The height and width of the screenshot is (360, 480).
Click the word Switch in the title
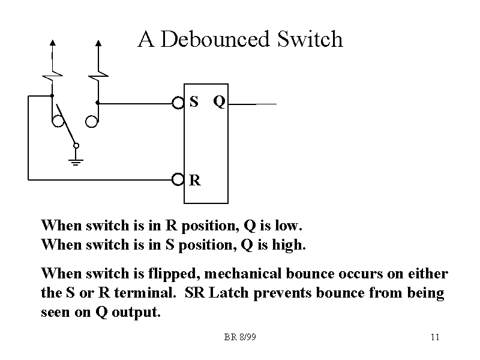tap(310, 40)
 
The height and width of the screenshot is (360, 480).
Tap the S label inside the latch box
tap(194, 102)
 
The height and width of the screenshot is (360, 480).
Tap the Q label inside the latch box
tap(220, 103)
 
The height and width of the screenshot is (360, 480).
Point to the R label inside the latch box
tap(194, 179)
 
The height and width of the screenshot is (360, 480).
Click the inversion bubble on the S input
tap(178, 103)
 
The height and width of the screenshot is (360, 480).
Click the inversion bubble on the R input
tap(178, 179)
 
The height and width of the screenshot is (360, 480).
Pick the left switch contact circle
tap(58, 122)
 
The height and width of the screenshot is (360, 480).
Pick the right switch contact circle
tap(91, 122)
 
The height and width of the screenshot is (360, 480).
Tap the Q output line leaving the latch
tap(252, 104)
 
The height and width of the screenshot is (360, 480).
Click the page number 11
tap(435, 337)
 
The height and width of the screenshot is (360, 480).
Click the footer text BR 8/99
tap(240, 337)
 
